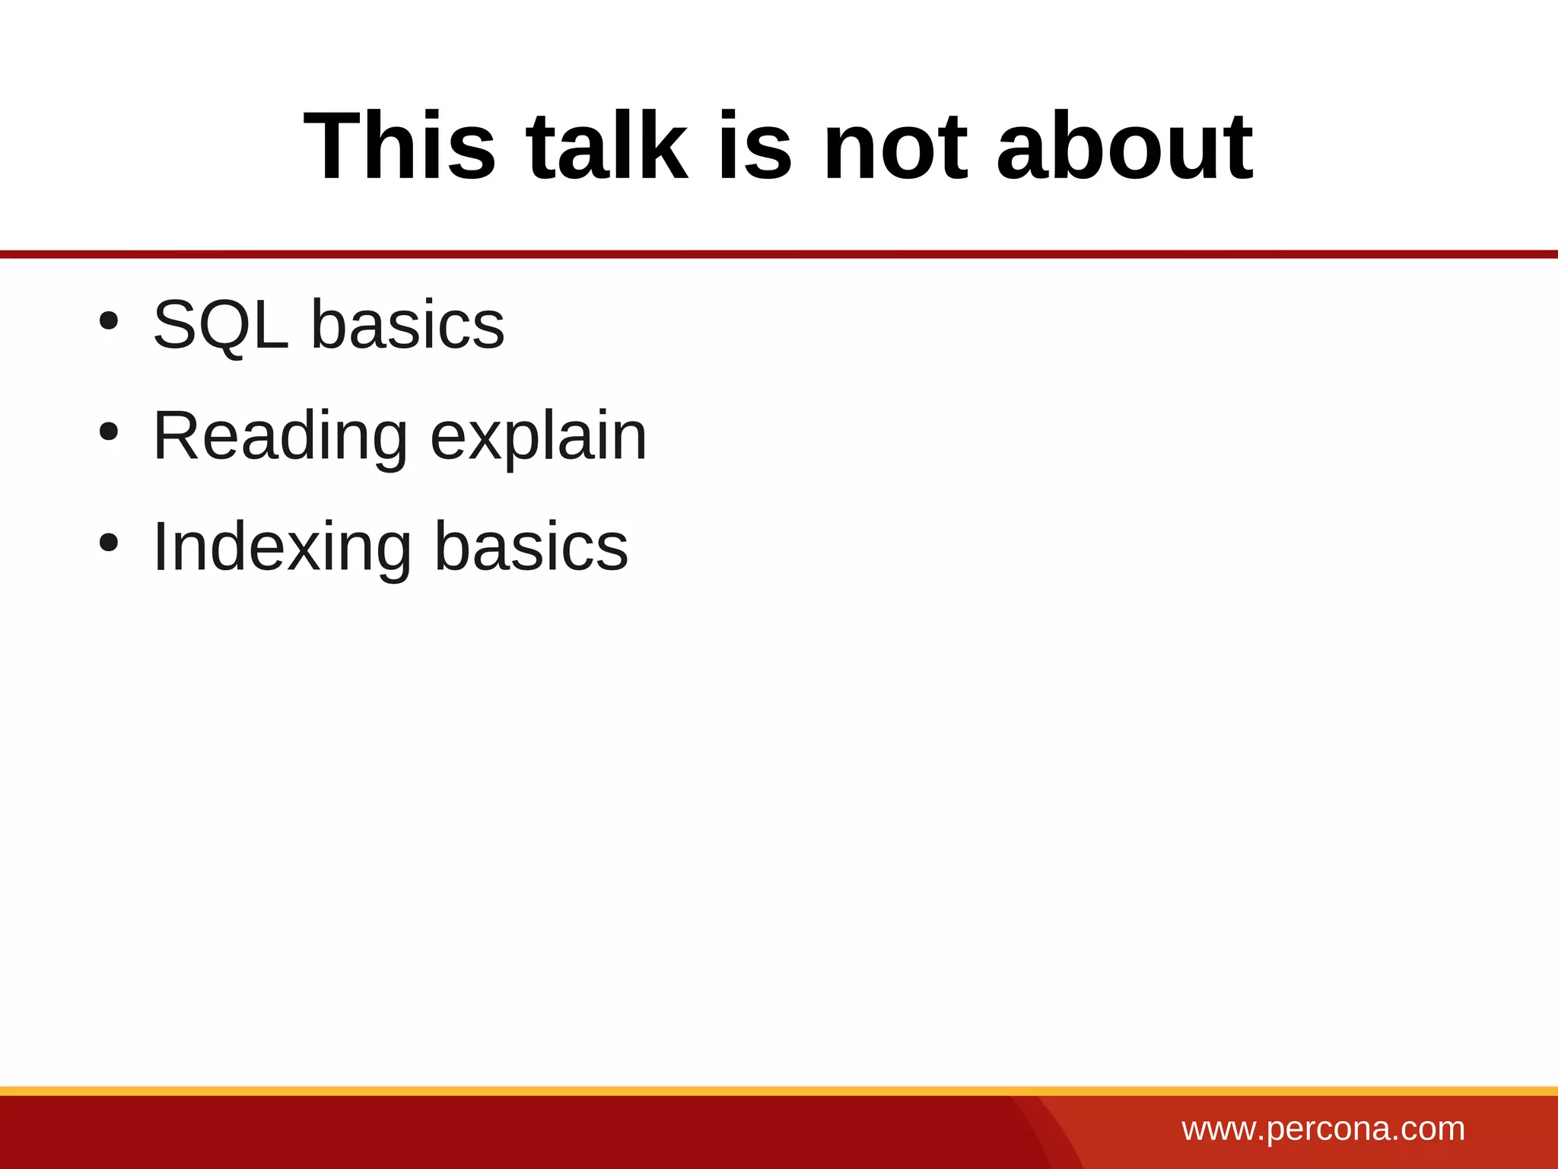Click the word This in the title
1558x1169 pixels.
coord(399,146)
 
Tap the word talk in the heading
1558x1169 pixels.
coord(606,146)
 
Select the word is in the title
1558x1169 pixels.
coord(755,146)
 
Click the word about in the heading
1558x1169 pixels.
coord(1124,146)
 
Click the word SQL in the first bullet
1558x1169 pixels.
coord(221,325)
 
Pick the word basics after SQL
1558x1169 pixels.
coord(408,325)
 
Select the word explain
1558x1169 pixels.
coord(539,437)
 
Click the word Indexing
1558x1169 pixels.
coord(282,547)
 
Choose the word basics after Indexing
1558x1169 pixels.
coord(531,547)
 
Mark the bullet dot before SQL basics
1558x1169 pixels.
coord(108,321)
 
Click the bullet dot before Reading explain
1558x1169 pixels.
coord(108,432)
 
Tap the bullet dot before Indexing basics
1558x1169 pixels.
coord(108,543)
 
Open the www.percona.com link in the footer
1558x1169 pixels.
coord(1323,1129)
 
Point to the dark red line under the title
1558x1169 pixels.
coord(779,254)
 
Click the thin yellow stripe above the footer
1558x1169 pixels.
coord(779,1091)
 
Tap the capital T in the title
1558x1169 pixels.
coord(332,146)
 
